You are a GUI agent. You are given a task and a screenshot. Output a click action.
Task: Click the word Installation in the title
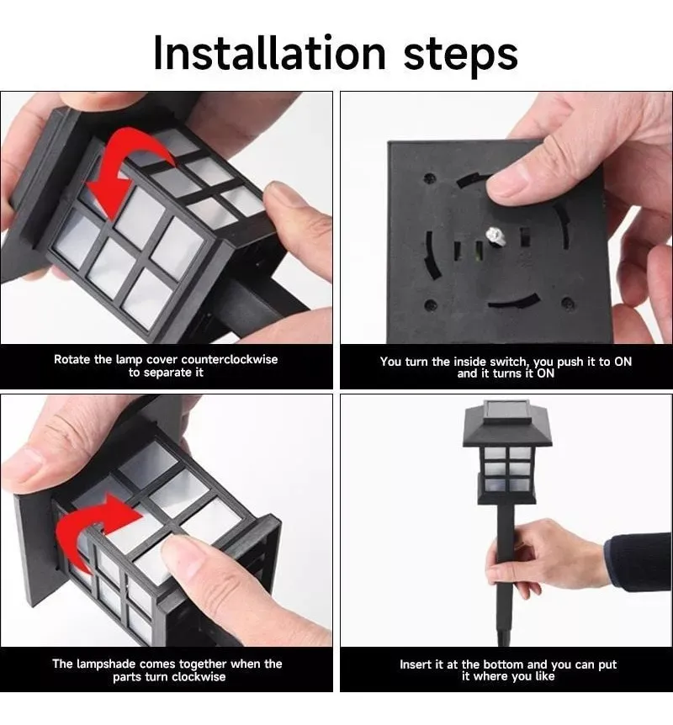click(x=269, y=53)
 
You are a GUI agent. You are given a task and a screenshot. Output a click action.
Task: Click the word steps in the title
click(x=461, y=56)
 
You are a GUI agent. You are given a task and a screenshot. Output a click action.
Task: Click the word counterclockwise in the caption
click(x=230, y=359)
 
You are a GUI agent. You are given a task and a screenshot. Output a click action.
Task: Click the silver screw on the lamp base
click(x=495, y=235)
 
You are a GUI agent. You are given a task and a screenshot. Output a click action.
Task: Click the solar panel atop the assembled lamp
click(x=507, y=409)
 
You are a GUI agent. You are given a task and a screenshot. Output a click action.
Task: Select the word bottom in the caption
click(x=503, y=664)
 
